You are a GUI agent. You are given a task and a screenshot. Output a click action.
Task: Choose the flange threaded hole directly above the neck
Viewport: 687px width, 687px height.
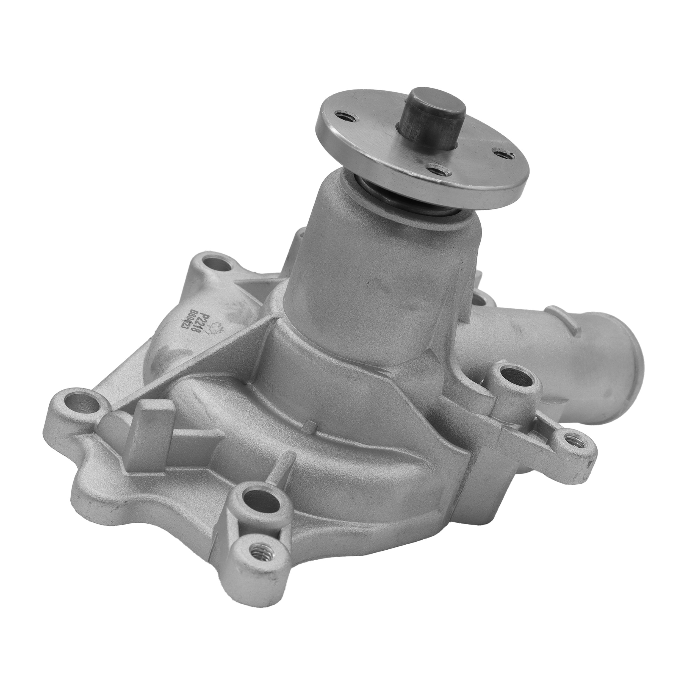pos(437,168)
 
